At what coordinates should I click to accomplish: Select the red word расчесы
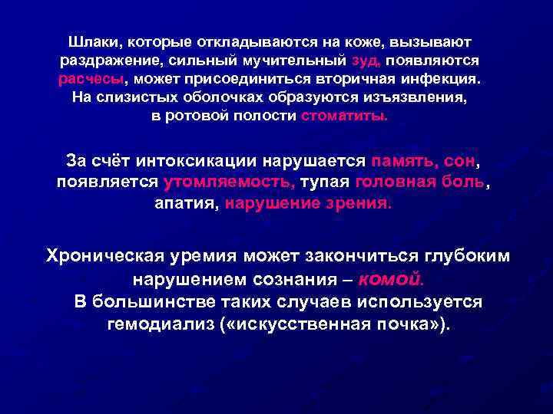pos(91,78)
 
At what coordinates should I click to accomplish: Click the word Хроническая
pos(110,255)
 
